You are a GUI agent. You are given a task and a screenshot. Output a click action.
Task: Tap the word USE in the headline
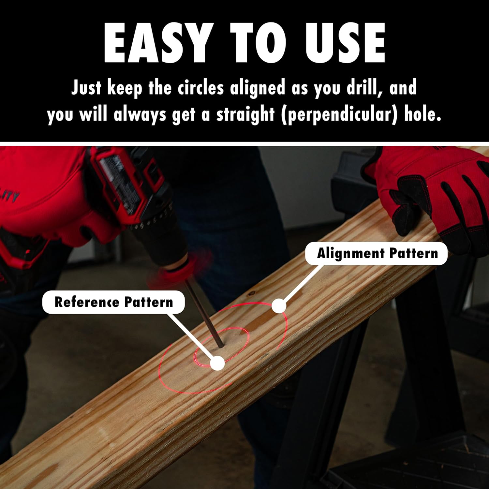pyautogui.click(x=345, y=43)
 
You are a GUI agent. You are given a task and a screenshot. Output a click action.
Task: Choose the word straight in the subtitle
pyautogui.click(x=245, y=115)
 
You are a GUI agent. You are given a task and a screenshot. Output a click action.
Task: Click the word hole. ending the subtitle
pyautogui.click(x=423, y=114)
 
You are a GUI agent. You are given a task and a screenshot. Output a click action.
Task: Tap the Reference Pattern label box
pyautogui.click(x=113, y=302)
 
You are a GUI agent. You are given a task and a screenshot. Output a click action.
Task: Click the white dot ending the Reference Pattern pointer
pyautogui.click(x=217, y=363)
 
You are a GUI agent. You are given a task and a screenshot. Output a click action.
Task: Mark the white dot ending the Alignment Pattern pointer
pyautogui.click(x=279, y=305)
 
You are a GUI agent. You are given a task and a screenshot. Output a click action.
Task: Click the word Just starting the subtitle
pyautogui.click(x=86, y=88)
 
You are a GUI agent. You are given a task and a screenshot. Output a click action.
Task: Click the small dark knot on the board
pyautogui.click(x=251, y=294)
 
